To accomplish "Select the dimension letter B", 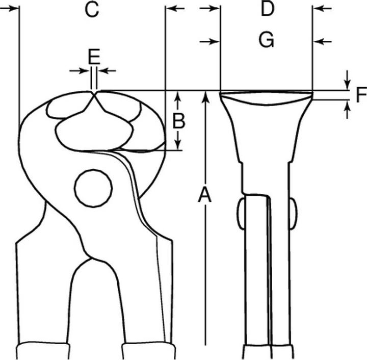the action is (x=179, y=121).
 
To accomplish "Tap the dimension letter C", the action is (x=92, y=10).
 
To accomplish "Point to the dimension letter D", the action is (x=267, y=9).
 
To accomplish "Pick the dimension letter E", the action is (x=94, y=57).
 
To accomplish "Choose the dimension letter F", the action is (x=361, y=94).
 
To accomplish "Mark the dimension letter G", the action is (x=267, y=40).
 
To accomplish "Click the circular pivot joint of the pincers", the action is (x=93, y=188).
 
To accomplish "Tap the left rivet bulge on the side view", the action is (x=241, y=214).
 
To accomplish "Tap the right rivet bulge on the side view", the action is (x=294, y=214).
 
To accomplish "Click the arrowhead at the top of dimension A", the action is (x=205, y=97).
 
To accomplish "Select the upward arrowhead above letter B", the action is (x=178, y=97).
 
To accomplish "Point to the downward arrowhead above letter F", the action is (x=347, y=84).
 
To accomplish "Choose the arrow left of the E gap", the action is (x=80, y=71).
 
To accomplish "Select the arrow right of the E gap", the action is (x=107, y=71).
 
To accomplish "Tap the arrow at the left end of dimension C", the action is (x=9, y=9).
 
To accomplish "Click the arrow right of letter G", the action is (x=323, y=42).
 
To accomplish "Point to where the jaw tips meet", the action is (x=94, y=94).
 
